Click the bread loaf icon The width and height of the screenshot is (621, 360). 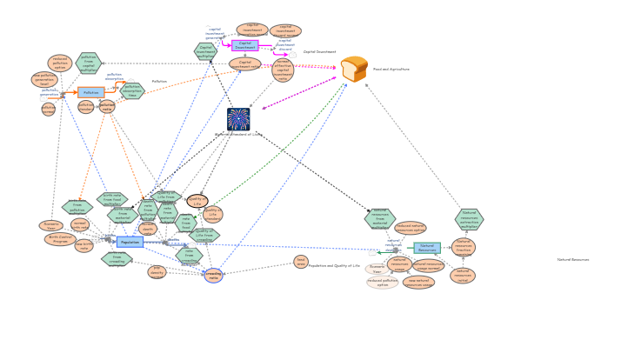354,69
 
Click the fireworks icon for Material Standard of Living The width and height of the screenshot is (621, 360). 238,119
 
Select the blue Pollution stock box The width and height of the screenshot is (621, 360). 90,92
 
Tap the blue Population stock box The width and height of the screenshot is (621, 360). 130,242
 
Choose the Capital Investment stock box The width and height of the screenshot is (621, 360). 244,45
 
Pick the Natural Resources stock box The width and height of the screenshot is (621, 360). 427,247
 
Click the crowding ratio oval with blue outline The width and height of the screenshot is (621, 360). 213,276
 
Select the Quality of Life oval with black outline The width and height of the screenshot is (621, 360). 197,201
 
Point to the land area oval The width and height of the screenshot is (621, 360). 301,261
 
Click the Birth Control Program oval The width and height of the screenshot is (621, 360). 60,239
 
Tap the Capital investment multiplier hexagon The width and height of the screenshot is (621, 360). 206,52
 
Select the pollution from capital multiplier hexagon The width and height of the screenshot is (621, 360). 88,63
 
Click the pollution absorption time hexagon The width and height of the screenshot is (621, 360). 132,90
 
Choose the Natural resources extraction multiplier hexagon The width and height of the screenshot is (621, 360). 469,219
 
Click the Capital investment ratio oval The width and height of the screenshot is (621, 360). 244,64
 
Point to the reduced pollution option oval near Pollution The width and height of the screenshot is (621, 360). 60,63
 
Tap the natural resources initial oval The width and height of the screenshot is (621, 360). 463,276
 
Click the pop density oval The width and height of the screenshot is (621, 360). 157,272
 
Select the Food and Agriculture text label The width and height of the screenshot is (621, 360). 391,69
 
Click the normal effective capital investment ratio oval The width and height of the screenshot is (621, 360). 283,70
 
